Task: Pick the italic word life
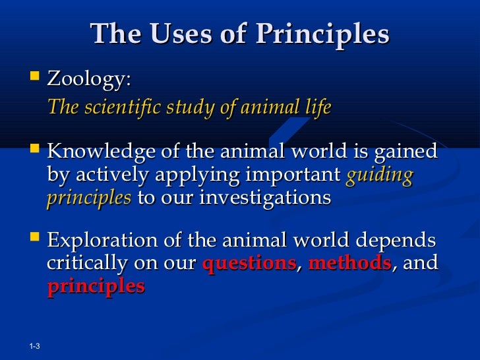316,107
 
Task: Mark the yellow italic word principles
88,198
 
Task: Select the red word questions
249,264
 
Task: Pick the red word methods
349,264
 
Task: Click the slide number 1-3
36,347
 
